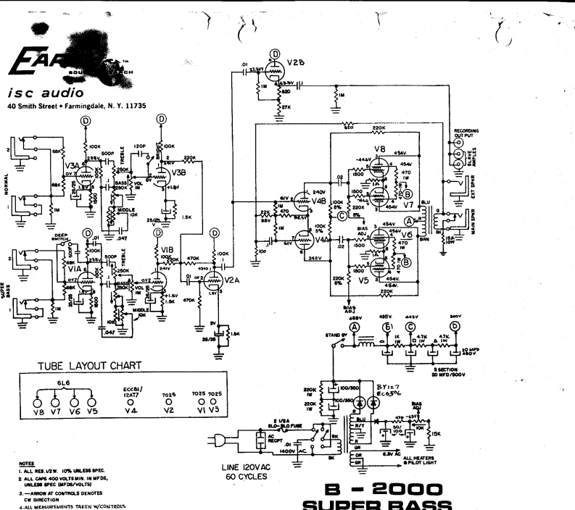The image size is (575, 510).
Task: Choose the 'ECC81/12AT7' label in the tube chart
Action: (x=132, y=392)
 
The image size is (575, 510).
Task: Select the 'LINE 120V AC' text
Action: (x=247, y=471)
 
